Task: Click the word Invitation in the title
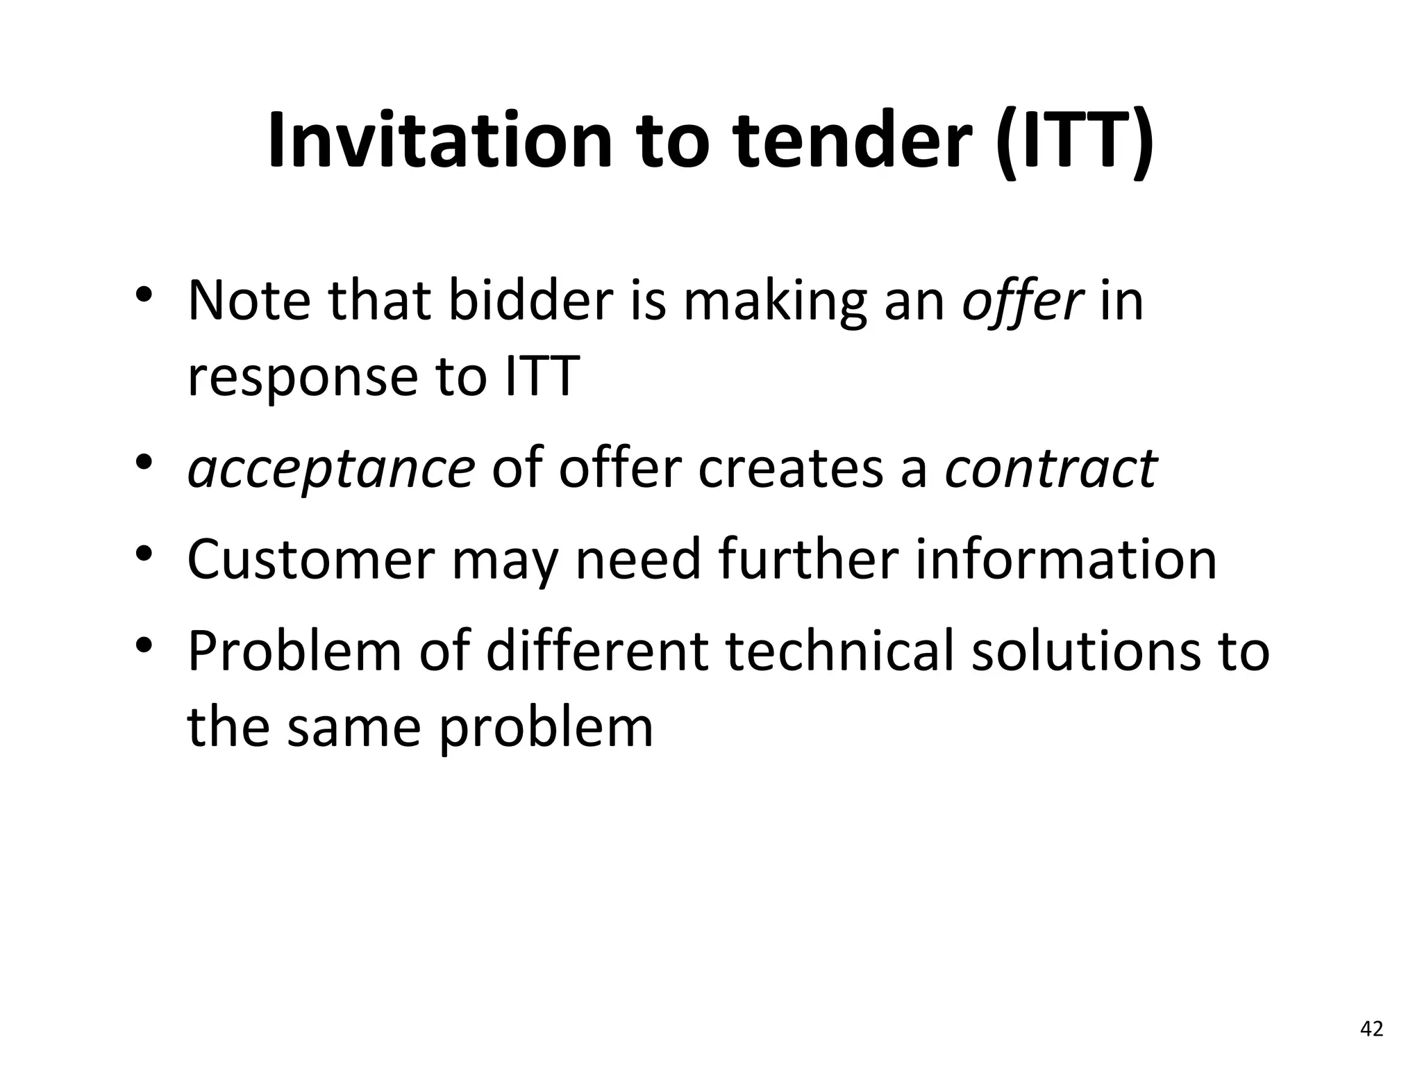[440, 140]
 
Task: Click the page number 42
[1371, 1029]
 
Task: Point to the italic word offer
[1022, 301]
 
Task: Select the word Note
[249, 301]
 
